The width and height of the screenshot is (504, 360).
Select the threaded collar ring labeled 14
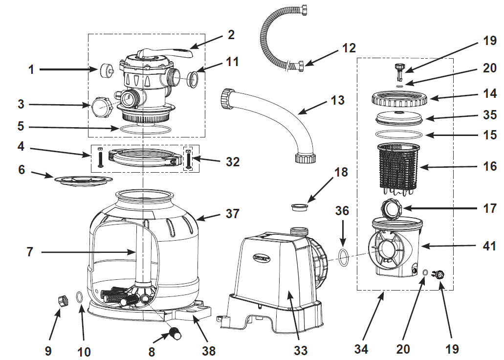399,98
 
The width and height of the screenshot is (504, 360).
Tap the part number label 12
349,48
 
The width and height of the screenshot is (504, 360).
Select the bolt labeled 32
188,159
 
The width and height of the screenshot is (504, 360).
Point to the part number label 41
489,246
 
